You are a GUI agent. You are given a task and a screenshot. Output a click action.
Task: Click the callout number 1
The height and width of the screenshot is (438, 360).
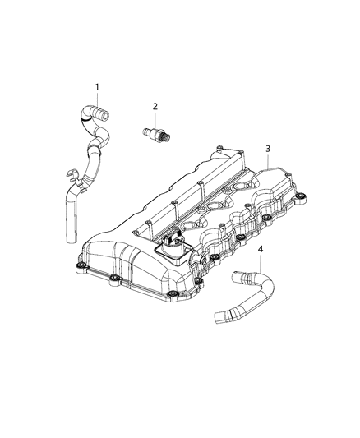(96, 87)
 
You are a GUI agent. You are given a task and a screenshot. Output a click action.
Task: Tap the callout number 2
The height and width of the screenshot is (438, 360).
(153, 106)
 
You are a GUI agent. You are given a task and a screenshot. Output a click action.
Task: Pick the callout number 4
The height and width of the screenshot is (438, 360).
(261, 249)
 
